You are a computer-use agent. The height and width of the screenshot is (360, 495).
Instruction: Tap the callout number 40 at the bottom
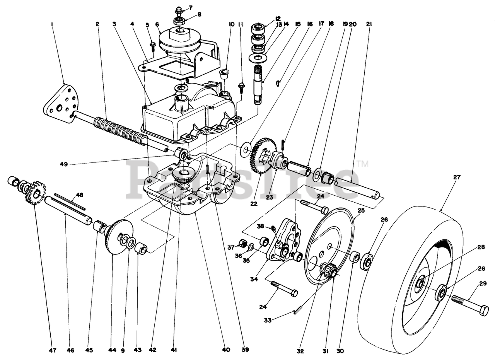(226, 350)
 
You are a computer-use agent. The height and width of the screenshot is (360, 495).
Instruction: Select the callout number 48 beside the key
(80, 195)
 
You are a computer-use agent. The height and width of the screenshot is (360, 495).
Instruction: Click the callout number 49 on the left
(64, 164)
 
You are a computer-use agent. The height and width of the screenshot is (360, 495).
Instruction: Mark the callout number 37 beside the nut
(231, 247)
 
